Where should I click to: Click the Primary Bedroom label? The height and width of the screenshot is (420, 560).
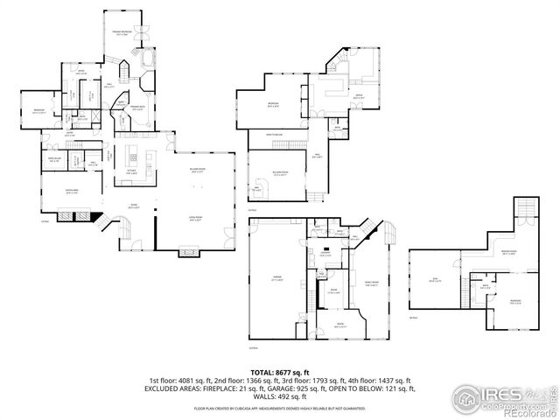point(122,31)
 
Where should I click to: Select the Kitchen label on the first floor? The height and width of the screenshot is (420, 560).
point(130,171)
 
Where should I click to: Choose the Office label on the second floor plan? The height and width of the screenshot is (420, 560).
point(358,96)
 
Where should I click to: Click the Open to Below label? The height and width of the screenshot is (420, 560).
point(276,135)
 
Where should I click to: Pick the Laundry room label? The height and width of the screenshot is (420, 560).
point(335,253)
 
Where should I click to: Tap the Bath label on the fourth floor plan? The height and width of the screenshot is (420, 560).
point(485,286)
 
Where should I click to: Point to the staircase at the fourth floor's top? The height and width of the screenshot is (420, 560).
point(525,207)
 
